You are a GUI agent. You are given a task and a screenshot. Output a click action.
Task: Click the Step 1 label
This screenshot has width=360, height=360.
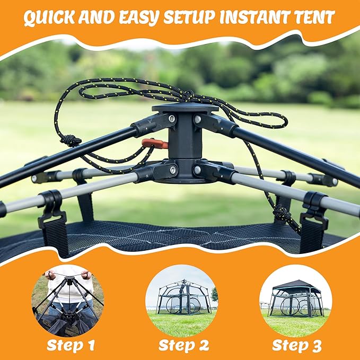point(71,345)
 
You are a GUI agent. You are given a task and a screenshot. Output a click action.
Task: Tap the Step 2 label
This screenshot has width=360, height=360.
point(183,345)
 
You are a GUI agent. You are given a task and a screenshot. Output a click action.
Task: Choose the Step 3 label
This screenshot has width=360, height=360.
point(296,345)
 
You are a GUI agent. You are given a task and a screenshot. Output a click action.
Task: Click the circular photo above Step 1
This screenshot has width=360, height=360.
point(67,301)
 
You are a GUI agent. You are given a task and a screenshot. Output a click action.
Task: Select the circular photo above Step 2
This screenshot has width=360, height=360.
point(182,301)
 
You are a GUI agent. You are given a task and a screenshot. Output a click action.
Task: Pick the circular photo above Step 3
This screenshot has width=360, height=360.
point(296,301)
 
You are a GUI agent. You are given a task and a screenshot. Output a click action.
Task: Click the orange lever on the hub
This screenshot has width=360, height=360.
point(155,143)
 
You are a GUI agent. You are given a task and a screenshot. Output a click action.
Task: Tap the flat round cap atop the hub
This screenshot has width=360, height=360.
point(185,108)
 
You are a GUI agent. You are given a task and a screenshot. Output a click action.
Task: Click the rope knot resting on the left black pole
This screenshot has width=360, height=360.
point(71,140)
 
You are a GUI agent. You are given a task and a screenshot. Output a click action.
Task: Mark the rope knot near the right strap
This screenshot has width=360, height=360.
point(282,214)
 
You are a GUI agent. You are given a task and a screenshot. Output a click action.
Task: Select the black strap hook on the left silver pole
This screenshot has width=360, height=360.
point(52,208)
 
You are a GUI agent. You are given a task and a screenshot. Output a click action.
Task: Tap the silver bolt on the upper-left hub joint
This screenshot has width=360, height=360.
point(172,118)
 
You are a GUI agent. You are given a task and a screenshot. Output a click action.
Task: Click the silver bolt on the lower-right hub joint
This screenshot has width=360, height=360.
point(197,170)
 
